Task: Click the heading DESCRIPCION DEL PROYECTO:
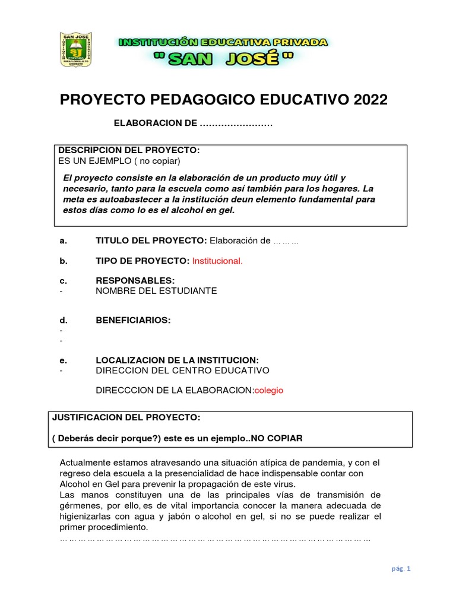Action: [128, 150]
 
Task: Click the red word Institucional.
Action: [217, 261]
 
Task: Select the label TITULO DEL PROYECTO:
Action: [151, 240]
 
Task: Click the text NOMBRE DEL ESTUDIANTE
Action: [156, 291]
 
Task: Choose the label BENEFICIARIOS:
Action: [133, 321]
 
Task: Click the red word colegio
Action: [269, 390]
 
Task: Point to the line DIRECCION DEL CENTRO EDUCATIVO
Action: [182, 370]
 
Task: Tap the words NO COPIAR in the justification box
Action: [277, 438]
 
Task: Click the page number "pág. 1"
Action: [401, 568]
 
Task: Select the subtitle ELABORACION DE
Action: [154, 123]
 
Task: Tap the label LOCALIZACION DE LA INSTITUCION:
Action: [177, 360]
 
